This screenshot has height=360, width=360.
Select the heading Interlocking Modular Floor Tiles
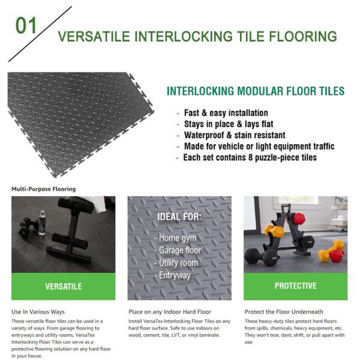(x=255, y=92)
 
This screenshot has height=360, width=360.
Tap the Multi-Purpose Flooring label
(x=43, y=189)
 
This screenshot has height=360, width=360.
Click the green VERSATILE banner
(x=64, y=286)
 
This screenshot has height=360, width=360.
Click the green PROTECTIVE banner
(x=295, y=286)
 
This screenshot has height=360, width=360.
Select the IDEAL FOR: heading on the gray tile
(x=179, y=217)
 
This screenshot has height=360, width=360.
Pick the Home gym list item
(x=176, y=238)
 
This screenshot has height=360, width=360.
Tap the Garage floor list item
(x=180, y=250)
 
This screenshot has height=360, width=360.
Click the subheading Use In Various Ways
(x=38, y=312)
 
